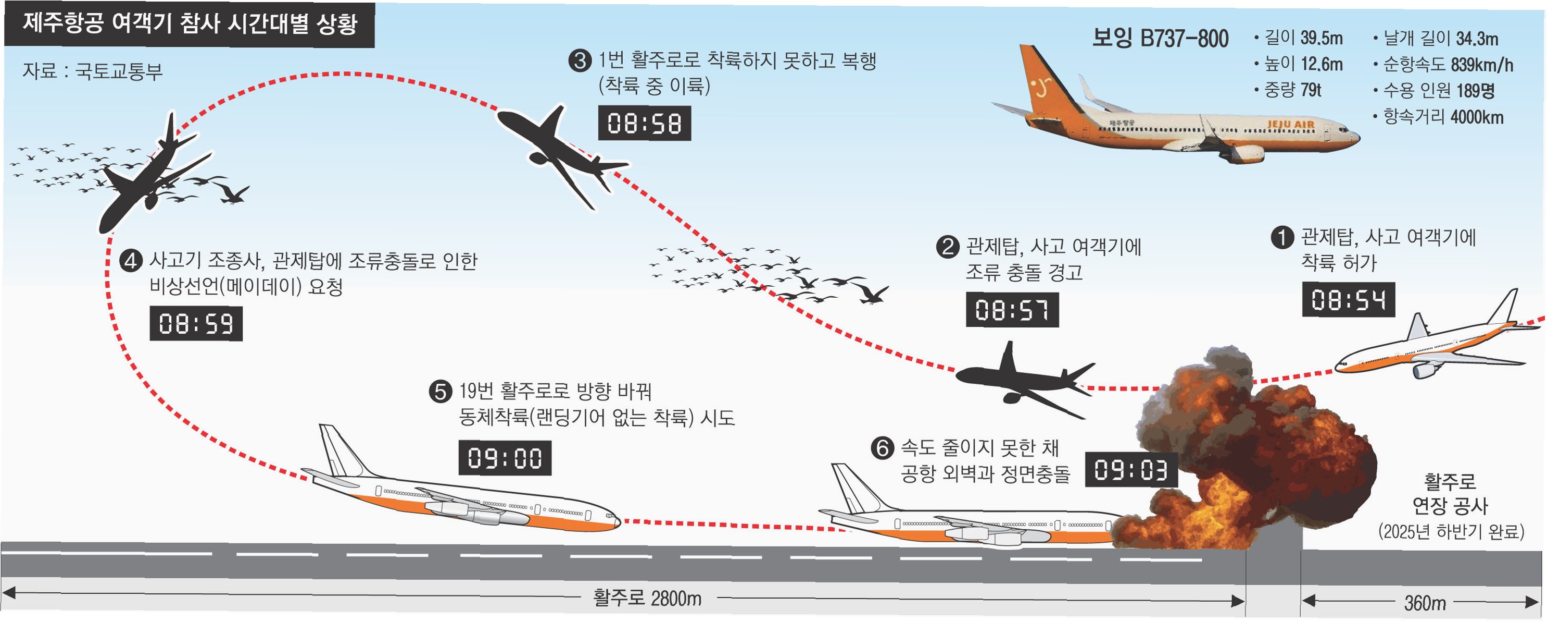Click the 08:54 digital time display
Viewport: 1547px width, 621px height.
pyautogui.click(x=1348, y=299)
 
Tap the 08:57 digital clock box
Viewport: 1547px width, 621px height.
pyautogui.click(x=1012, y=310)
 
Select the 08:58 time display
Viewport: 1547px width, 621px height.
pyautogui.click(x=645, y=123)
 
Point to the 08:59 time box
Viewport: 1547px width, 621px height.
pyautogui.click(x=196, y=323)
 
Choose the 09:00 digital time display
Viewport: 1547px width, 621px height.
pyautogui.click(x=505, y=458)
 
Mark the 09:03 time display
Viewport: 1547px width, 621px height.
pyautogui.click(x=1131, y=469)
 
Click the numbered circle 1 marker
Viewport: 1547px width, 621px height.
pyautogui.click(x=1282, y=237)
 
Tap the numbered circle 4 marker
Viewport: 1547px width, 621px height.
pyautogui.click(x=130, y=261)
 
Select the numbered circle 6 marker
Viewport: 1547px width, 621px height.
pyautogui.click(x=882, y=448)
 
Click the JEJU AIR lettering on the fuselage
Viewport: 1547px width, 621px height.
pyautogui.click(x=1291, y=125)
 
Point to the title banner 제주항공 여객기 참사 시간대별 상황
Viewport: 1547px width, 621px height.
pyautogui.click(x=190, y=25)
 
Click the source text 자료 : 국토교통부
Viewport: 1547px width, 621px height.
pyautogui.click(x=93, y=71)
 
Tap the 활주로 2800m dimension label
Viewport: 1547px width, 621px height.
pyautogui.click(x=647, y=598)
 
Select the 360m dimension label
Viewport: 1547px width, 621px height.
pyautogui.click(x=1425, y=602)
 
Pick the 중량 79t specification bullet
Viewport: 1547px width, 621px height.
pyautogui.click(x=1291, y=90)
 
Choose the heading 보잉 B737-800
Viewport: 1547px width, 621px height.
pyautogui.click(x=1160, y=39)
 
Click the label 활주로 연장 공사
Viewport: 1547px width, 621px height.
pyautogui.click(x=1450, y=494)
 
